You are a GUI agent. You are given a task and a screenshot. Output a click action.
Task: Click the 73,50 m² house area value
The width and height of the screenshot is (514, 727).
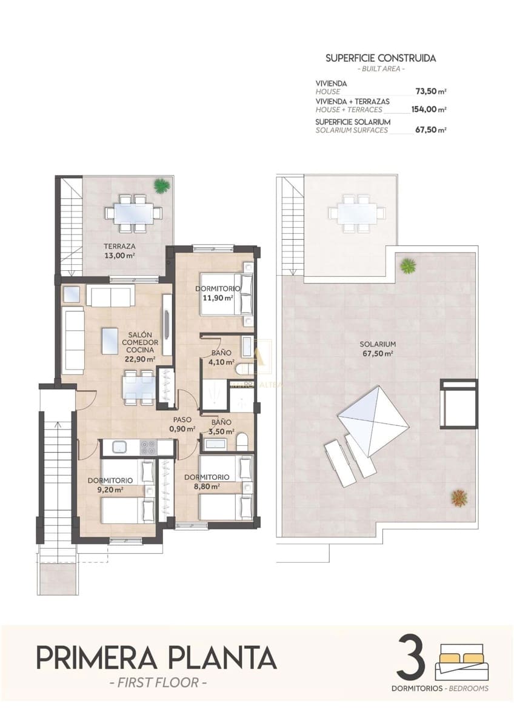click(430, 91)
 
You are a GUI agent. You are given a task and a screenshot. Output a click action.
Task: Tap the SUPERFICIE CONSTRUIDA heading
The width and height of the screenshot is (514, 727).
click(381, 58)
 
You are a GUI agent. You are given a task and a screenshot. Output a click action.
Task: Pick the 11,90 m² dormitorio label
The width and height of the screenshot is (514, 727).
click(218, 293)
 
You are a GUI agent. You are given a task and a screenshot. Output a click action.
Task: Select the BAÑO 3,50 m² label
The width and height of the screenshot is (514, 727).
click(220, 427)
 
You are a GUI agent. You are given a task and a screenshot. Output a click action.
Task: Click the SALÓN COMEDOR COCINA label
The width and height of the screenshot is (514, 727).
click(140, 347)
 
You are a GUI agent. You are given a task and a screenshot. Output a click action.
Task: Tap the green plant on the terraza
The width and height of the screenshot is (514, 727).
click(161, 185)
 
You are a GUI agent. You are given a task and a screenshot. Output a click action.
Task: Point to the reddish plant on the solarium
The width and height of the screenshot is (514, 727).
click(459, 497)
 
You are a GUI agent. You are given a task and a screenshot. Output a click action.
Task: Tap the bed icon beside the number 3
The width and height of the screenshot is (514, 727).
click(461, 663)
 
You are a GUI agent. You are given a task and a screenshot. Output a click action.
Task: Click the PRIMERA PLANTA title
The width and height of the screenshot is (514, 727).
click(156, 657)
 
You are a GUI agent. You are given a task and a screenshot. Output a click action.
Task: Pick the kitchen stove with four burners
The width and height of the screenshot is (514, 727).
click(148, 447)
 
